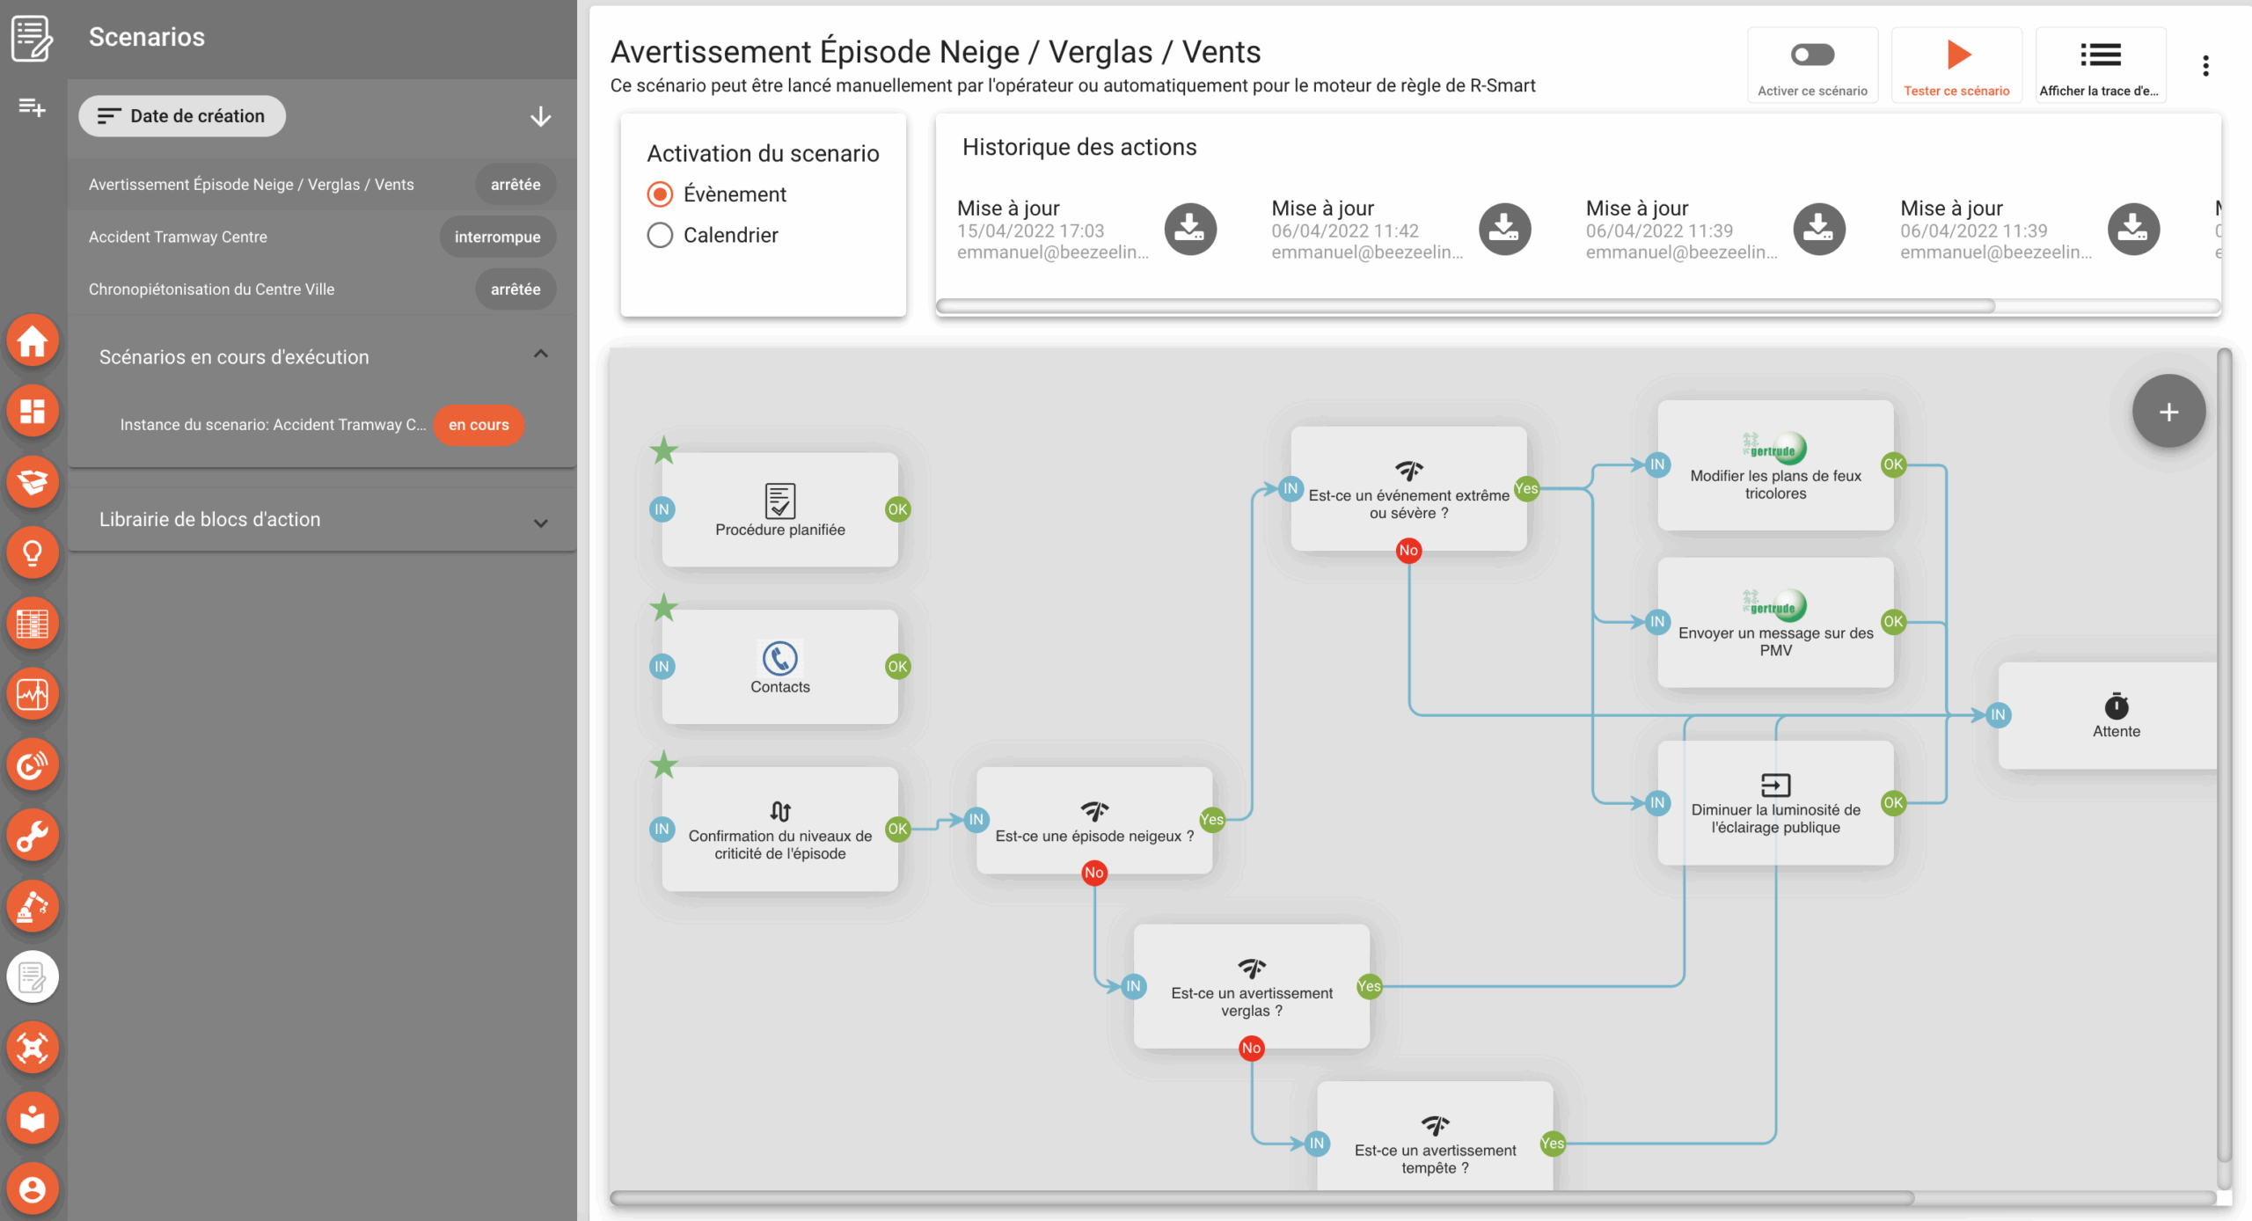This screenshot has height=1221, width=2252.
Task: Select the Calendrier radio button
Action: (x=660, y=235)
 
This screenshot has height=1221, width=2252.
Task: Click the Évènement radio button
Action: (x=660, y=194)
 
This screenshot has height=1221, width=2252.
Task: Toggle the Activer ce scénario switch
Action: (x=1812, y=55)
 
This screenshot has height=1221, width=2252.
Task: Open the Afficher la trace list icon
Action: (x=2100, y=55)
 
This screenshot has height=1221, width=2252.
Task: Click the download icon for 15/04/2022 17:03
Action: (x=1190, y=229)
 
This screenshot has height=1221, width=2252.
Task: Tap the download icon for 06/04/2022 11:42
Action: (x=1504, y=229)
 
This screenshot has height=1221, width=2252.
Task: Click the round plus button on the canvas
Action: (x=2168, y=411)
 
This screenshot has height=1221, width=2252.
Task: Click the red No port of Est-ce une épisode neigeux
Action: (x=1094, y=873)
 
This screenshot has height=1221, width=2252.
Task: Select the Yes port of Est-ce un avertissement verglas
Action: (x=1369, y=986)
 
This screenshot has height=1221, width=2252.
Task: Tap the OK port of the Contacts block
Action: (x=897, y=666)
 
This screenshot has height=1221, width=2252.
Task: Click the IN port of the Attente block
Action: (x=1998, y=714)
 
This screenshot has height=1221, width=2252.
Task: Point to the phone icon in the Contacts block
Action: (x=779, y=658)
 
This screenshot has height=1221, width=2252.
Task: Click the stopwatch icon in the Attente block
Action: (x=2116, y=705)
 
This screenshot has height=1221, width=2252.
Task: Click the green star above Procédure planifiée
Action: (x=663, y=450)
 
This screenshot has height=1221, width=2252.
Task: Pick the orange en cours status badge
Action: (x=479, y=425)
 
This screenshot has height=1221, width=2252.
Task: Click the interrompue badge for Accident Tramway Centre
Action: (x=497, y=237)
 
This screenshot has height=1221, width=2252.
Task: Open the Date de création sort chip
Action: (x=182, y=116)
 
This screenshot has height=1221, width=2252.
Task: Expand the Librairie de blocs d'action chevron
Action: (x=541, y=523)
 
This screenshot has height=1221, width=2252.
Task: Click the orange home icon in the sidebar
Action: (x=33, y=340)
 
